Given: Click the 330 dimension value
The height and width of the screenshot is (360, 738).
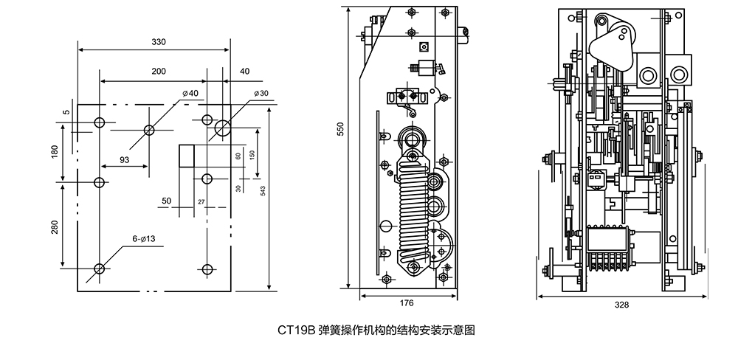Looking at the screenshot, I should pyautogui.click(x=158, y=42).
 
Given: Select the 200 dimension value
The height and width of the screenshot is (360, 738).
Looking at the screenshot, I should pyautogui.click(x=158, y=71).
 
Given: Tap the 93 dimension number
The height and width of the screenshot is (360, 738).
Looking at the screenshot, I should pyautogui.click(x=124, y=159).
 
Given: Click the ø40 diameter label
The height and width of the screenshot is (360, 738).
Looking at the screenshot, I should pyautogui.click(x=190, y=93).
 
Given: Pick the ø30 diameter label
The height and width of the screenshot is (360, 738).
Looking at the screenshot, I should pyautogui.click(x=260, y=93).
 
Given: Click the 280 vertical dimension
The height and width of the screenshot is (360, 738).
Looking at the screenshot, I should pyautogui.click(x=55, y=227).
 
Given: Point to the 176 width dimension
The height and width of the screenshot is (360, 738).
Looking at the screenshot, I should pyautogui.click(x=407, y=302).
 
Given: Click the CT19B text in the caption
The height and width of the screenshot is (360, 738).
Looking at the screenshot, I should pyautogui.click(x=296, y=330).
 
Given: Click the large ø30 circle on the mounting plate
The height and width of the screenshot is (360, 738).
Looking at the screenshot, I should pyautogui.click(x=222, y=129).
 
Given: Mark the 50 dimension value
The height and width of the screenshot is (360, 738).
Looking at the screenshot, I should pyautogui.click(x=166, y=201).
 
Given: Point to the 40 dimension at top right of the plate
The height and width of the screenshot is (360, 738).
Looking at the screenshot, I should pyautogui.click(x=244, y=71).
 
